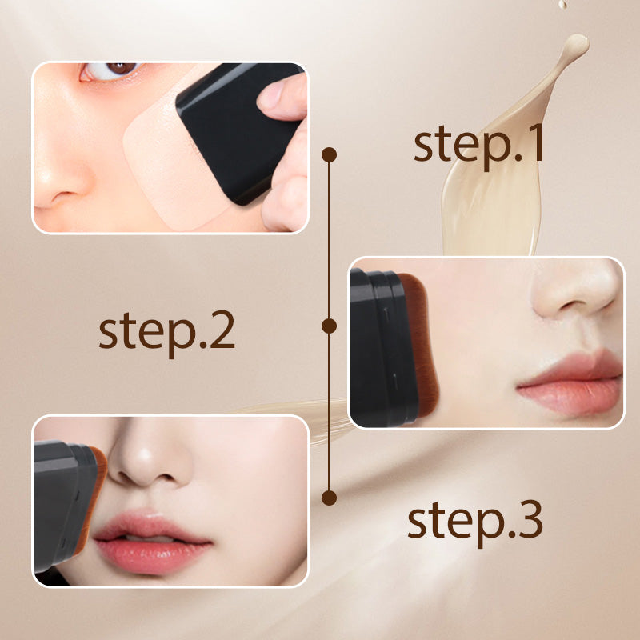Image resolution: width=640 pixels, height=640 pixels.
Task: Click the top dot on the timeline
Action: coord(329,154)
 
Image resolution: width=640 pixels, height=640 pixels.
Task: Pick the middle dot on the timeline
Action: coord(328,326)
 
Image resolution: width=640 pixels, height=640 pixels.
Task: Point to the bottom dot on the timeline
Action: coord(328,498)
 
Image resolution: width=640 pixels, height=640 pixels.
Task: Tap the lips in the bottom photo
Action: coord(152,541)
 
